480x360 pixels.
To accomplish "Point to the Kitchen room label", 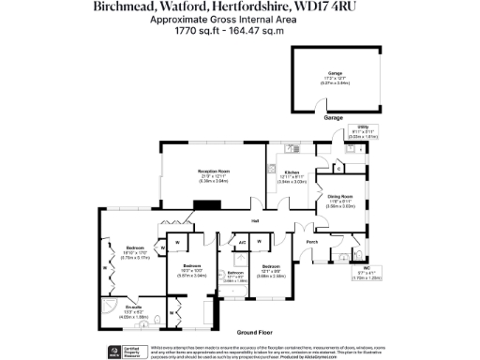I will (x=292, y=172).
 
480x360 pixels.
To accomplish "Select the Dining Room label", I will (x=339, y=196).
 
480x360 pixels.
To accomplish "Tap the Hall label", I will (x=254, y=221).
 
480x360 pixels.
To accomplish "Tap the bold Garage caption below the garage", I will (x=333, y=118).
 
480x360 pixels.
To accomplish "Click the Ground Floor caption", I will (x=254, y=333).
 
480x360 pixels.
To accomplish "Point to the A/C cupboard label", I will (x=242, y=242).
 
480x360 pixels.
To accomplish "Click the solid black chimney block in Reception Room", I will (x=208, y=205).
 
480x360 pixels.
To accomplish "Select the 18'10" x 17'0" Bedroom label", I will (x=134, y=248).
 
